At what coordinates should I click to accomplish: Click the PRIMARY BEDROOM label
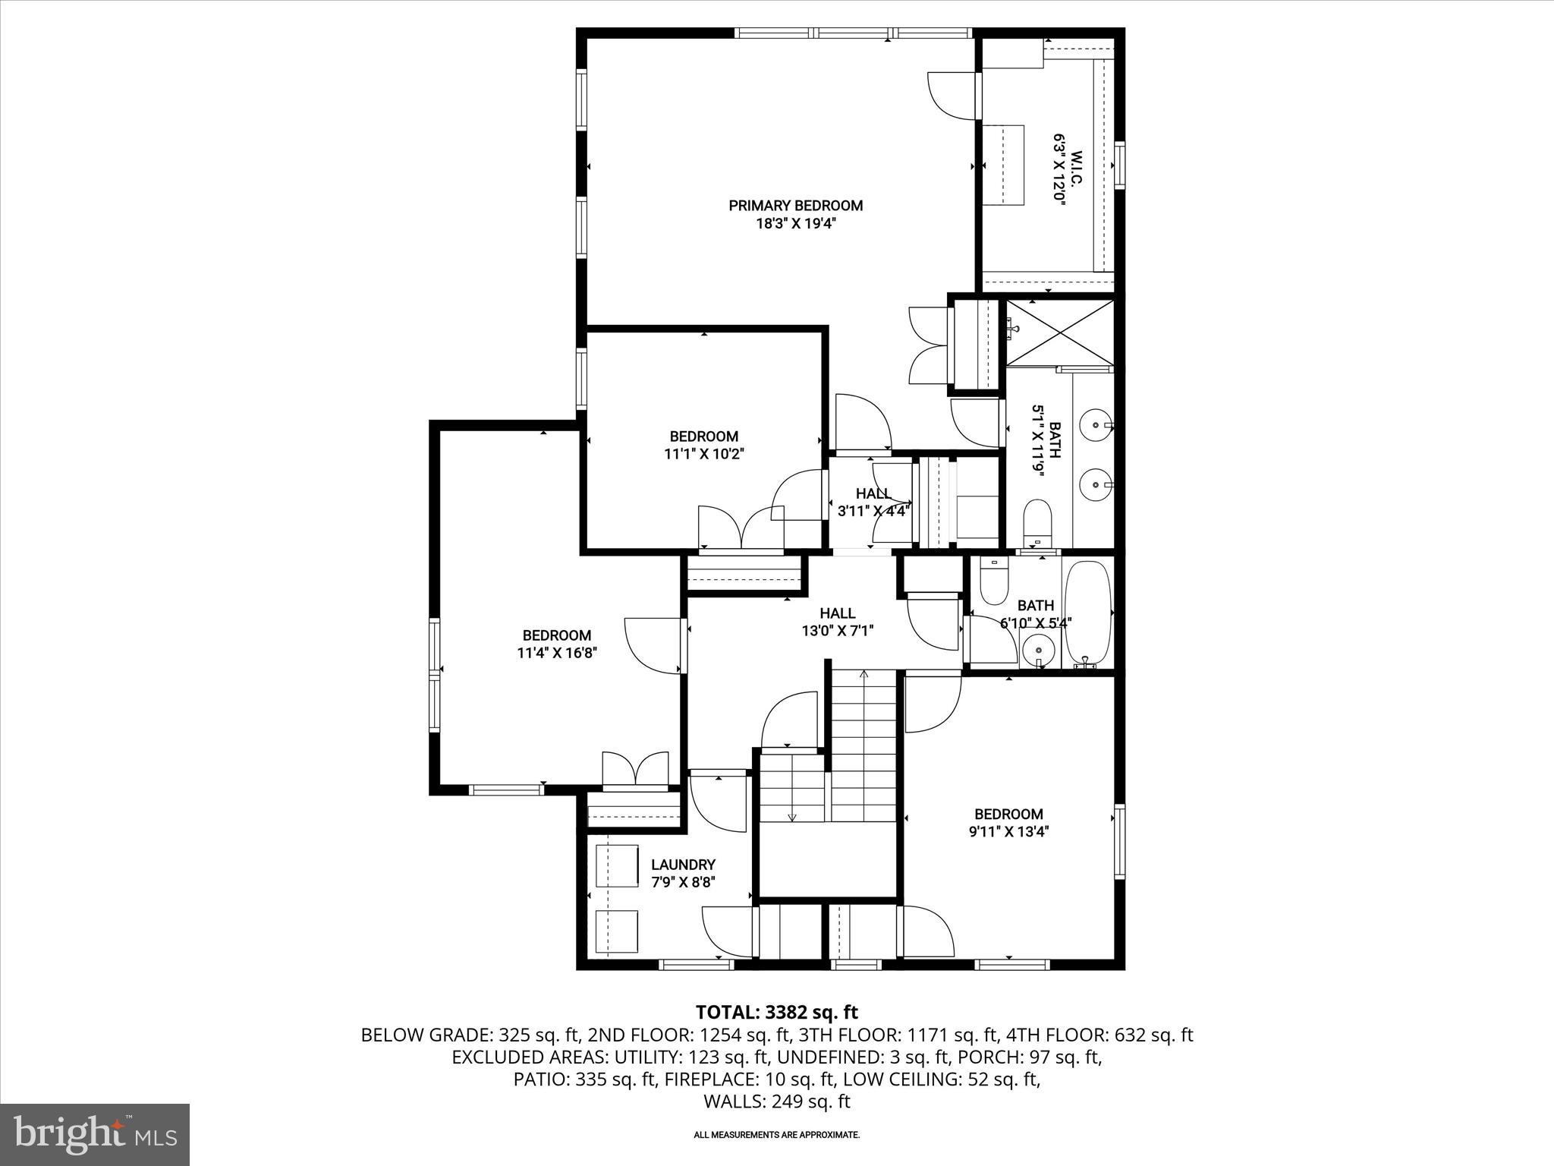click(x=795, y=206)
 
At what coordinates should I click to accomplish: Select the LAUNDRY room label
click(x=683, y=865)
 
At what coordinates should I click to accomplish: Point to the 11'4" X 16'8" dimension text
click(x=556, y=653)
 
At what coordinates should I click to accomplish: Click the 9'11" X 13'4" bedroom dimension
click(x=1008, y=831)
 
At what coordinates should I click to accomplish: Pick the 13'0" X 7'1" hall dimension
click(x=838, y=630)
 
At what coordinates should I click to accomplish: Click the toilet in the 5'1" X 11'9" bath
click(x=1037, y=520)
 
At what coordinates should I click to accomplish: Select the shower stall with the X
click(x=1060, y=332)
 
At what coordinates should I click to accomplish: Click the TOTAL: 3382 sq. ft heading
click(x=776, y=1012)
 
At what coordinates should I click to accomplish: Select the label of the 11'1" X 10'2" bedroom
click(x=703, y=436)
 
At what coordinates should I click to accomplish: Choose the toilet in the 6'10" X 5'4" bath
click(x=992, y=582)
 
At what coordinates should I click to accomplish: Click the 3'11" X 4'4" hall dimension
click(x=873, y=511)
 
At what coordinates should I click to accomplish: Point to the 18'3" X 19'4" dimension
click(x=795, y=224)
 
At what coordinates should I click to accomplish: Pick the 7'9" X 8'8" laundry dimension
click(x=683, y=882)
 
